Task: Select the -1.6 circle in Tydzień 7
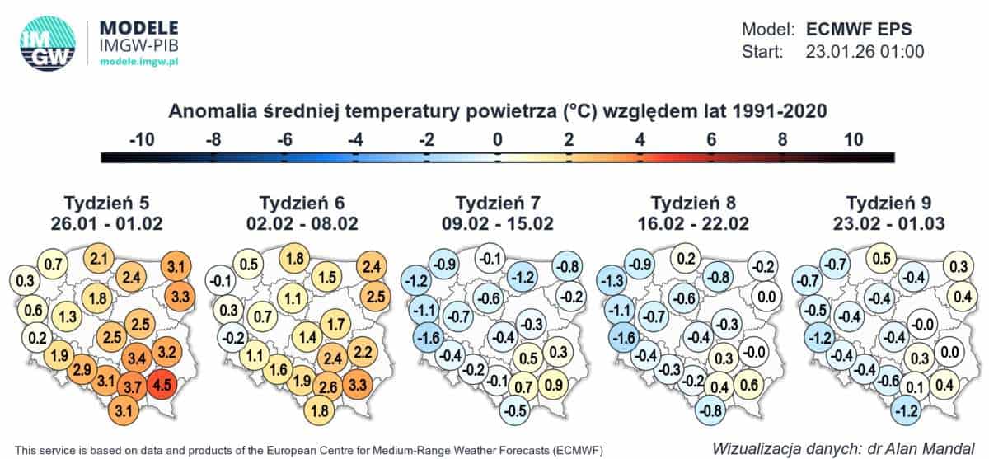426,339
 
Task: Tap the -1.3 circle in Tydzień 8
612,283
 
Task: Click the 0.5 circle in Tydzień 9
881,258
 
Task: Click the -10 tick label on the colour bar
142,139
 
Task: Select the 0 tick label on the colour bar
497,139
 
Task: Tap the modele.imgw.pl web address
144,62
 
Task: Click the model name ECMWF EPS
859,29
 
